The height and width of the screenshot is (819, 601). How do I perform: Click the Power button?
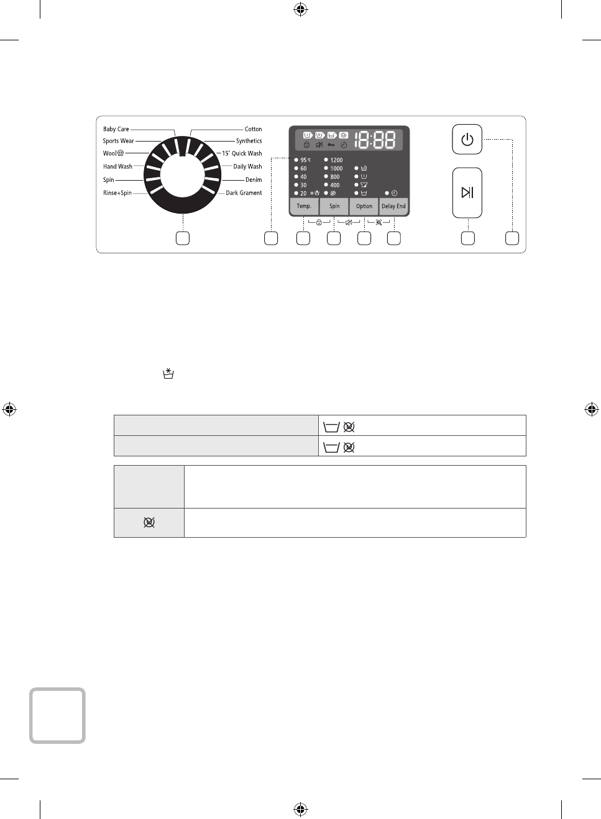pos(467,140)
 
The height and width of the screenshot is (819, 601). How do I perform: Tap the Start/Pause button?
pos(467,192)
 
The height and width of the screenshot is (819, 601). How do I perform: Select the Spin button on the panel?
pos(334,206)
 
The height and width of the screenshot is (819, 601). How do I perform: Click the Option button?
pos(364,206)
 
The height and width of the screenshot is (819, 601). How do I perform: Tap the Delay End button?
pos(393,206)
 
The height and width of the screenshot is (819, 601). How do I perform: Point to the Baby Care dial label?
pos(116,129)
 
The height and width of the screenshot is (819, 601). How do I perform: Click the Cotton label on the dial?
pos(253,129)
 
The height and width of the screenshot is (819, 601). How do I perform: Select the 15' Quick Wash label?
pos(242,153)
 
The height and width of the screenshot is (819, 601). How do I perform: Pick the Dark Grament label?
pos(244,193)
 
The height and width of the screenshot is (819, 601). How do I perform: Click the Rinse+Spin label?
pos(117,193)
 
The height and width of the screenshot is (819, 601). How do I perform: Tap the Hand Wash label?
pos(117,166)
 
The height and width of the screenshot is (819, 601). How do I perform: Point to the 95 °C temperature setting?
pos(305,160)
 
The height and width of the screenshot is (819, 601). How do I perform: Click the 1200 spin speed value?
pos(336,160)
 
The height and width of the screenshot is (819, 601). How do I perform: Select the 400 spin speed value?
pos(334,185)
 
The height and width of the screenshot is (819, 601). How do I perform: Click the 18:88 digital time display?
pos(375,140)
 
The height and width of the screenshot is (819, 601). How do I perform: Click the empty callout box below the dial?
pos(183,238)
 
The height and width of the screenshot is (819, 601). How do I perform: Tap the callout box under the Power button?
pos(512,238)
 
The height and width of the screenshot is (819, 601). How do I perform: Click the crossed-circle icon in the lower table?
pos(149,522)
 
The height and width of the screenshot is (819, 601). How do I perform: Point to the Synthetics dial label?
pos(249,141)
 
